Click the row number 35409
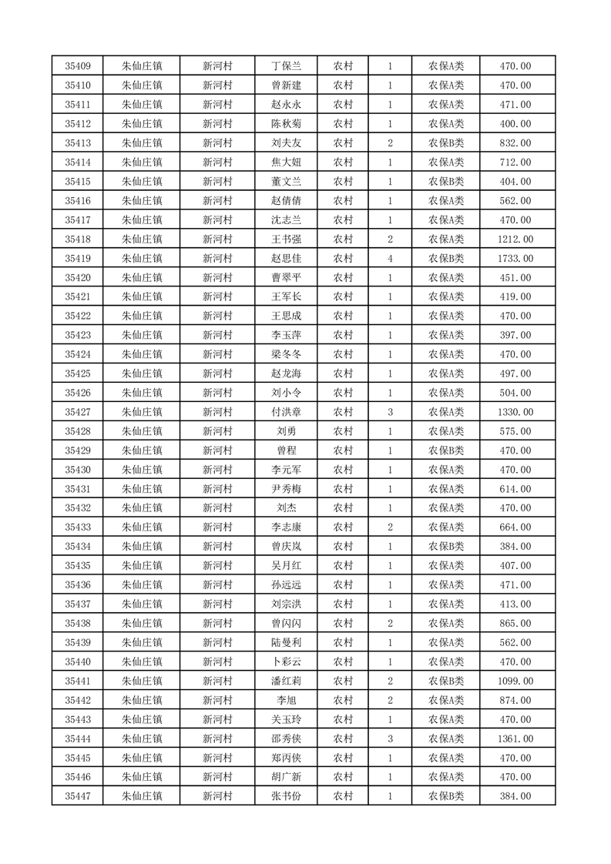pyautogui.click(x=78, y=66)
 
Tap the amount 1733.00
pyautogui.click(x=515, y=258)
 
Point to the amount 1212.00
pyautogui.click(x=515, y=239)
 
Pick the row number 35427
pyautogui.click(x=78, y=412)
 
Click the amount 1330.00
pyautogui.click(x=515, y=412)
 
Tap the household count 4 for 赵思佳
pyautogui.click(x=391, y=258)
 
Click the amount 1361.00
pyautogui.click(x=515, y=738)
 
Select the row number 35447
pyautogui.click(x=78, y=796)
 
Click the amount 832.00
pyautogui.click(x=515, y=143)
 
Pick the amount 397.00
pyautogui.click(x=515, y=335)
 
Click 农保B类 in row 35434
pyautogui.click(x=446, y=547)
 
